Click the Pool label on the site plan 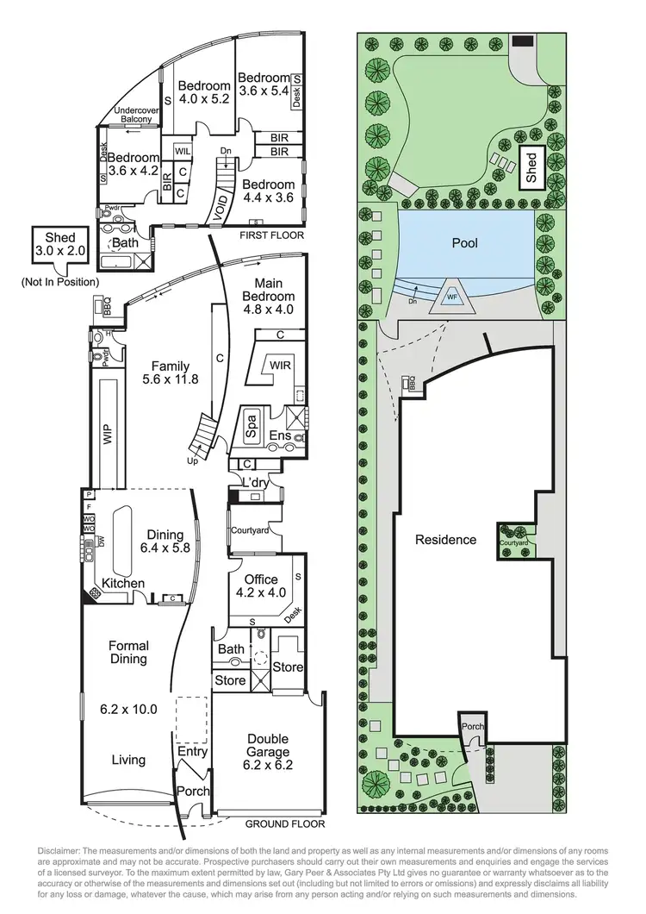(x=464, y=244)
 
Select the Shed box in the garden (x=531, y=168)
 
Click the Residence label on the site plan (x=445, y=540)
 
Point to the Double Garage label (x=267, y=746)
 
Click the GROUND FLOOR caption (x=283, y=823)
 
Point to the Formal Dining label (x=128, y=652)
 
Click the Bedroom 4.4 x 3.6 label (x=269, y=191)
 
